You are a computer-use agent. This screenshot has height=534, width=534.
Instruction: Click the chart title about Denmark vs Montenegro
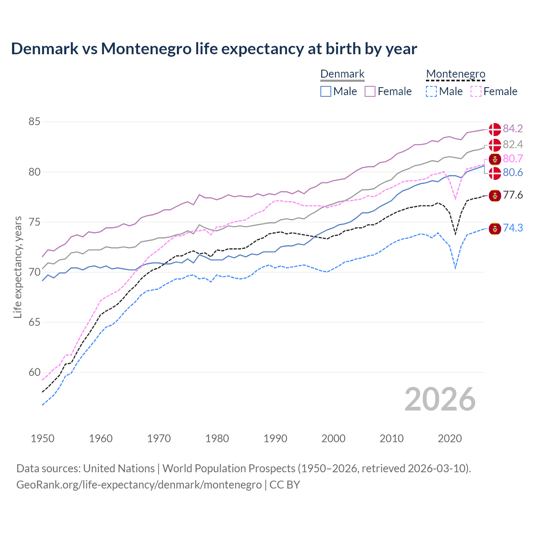[214, 49]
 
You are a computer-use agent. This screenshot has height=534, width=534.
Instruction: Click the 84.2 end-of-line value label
[513, 128]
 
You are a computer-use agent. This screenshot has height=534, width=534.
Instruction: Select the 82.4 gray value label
[513, 144]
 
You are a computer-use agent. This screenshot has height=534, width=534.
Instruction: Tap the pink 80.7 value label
[513, 159]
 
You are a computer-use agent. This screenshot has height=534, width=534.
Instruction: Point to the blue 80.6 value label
[513, 172]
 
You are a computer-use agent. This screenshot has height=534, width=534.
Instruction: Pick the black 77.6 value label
[513, 195]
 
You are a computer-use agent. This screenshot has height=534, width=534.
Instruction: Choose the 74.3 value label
[513, 228]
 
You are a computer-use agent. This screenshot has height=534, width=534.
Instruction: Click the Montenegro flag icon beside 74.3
[495, 228]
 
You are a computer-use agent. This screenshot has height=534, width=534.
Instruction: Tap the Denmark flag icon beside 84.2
[495, 129]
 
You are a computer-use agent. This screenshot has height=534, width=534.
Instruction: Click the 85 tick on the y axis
[34, 122]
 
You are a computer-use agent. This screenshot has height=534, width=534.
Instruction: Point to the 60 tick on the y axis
[34, 372]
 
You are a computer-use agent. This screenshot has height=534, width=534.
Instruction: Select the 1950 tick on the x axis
[43, 438]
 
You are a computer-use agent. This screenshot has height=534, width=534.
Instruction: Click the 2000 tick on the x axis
[333, 438]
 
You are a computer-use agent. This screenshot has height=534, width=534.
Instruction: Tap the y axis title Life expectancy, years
[18, 267]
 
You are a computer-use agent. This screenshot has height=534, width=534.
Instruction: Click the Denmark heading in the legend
[342, 74]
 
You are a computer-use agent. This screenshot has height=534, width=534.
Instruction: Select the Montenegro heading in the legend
[456, 74]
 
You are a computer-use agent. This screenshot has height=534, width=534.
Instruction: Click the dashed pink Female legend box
[476, 91]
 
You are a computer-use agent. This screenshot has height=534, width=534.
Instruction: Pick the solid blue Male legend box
[326, 91]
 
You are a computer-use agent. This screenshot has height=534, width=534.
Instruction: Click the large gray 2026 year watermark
[440, 399]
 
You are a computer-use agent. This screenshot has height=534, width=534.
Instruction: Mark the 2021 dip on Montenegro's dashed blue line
[455, 268]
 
